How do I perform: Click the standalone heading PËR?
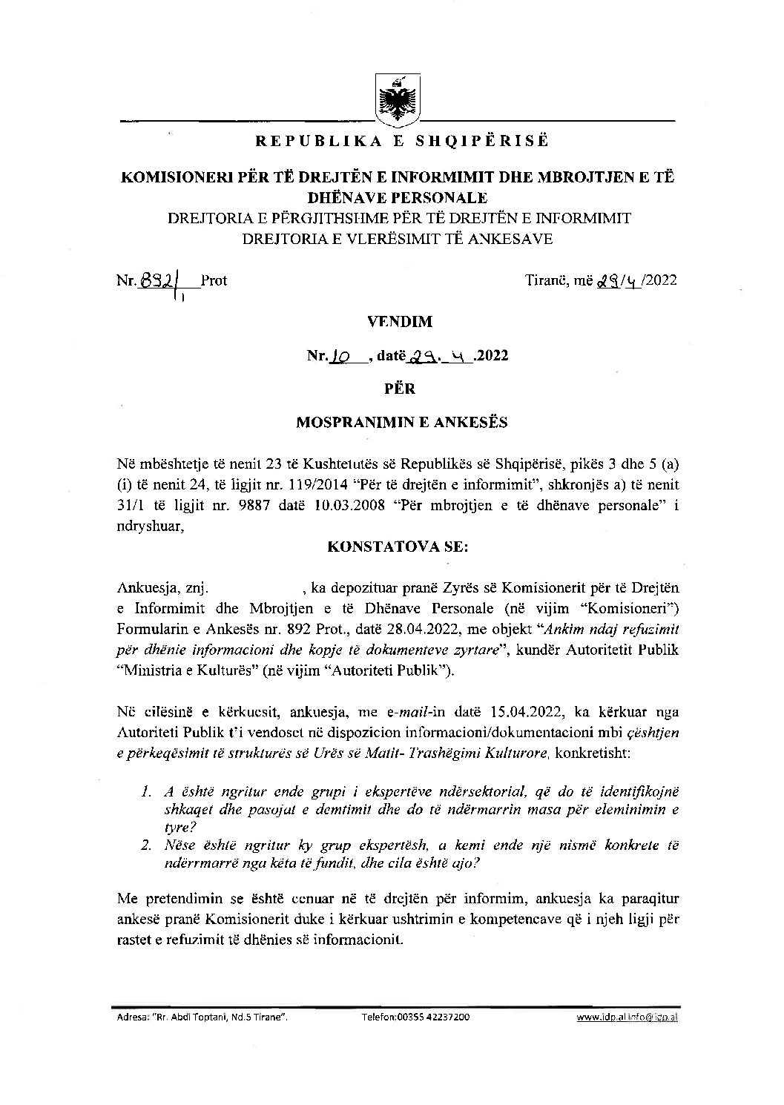400,389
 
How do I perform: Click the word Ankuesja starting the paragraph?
144,588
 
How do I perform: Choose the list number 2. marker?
146,845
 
